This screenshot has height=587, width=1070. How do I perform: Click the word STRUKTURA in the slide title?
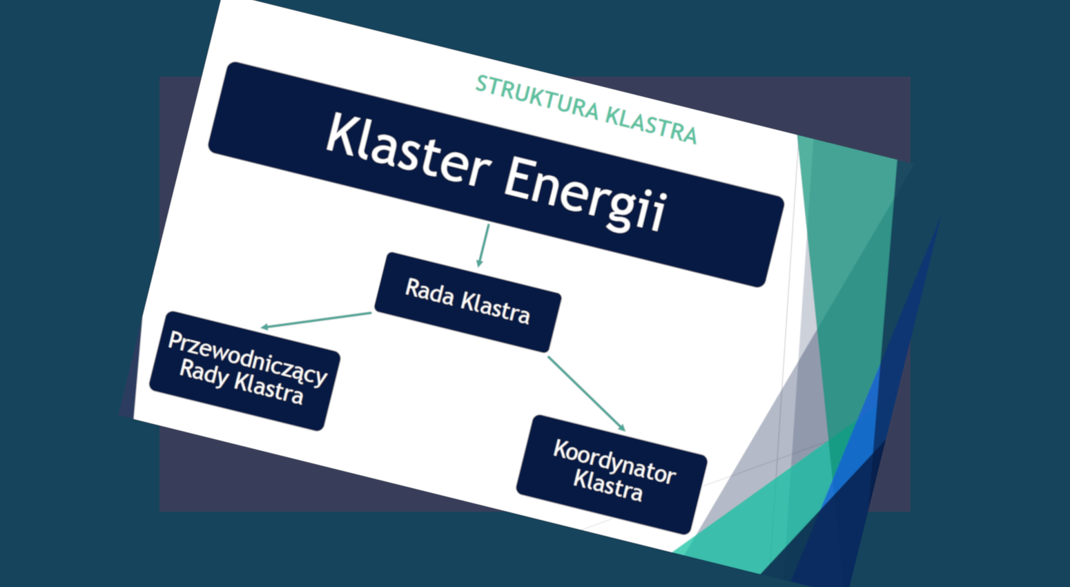[x=537, y=97]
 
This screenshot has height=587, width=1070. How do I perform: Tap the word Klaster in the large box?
[x=409, y=150]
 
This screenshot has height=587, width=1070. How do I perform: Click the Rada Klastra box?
[x=468, y=302]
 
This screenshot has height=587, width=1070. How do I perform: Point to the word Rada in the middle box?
[x=429, y=292]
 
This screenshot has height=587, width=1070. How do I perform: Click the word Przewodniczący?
[x=248, y=358]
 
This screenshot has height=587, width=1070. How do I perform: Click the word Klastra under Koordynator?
[x=608, y=485]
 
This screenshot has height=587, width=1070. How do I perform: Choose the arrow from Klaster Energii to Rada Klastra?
[x=483, y=246]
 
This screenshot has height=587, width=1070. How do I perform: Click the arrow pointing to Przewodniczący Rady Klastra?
[x=315, y=320]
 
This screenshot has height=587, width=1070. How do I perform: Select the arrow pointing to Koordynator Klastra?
[x=587, y=394]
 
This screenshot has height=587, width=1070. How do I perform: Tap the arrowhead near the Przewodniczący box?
[x=265, y=327]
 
